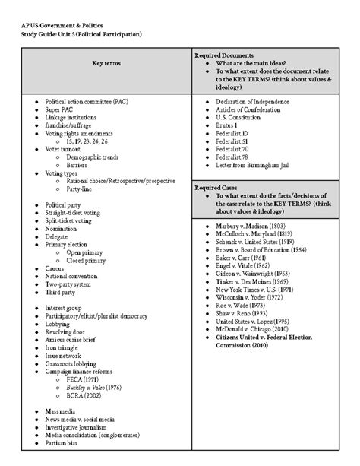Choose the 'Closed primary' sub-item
87,260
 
